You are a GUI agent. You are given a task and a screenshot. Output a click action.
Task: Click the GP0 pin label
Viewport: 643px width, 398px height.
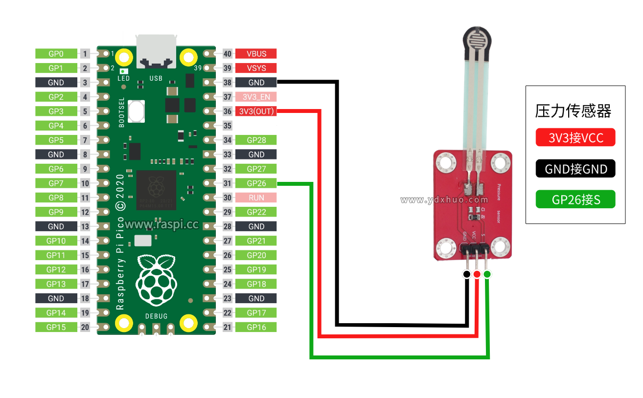tap(56, 54)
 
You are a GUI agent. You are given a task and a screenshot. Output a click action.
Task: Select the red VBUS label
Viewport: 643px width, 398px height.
tap(256, 54)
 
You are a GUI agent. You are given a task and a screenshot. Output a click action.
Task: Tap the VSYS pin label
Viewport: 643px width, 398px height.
tap(256, 68)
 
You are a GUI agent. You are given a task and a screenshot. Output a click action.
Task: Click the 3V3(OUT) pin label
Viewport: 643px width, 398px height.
tap(256, 111)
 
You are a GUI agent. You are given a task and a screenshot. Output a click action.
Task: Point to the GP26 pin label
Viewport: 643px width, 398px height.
tap(256, 183)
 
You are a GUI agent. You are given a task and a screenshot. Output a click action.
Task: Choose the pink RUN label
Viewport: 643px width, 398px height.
tap(256, 198)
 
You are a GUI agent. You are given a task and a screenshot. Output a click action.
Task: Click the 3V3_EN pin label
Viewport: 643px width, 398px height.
tap(256, 97)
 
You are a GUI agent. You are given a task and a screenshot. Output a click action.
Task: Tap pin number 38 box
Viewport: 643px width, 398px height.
tap(227, 83)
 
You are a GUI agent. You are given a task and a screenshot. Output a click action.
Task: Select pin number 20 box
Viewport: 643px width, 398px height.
tap(85, 327)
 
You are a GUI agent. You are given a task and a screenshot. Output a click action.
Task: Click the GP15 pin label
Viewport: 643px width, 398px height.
tap(56, 327)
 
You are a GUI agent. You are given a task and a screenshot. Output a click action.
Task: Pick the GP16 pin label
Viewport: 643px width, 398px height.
tap(256, 327)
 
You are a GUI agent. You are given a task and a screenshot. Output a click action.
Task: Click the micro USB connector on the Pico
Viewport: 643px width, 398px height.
tap(156, 50)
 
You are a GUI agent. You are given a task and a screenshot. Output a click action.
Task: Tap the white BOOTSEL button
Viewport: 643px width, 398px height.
tap(137, 111)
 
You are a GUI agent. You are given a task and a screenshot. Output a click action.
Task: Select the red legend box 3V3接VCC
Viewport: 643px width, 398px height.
tap(575, 138)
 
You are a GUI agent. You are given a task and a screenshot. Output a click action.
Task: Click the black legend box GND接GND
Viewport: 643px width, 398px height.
tap(575, 169)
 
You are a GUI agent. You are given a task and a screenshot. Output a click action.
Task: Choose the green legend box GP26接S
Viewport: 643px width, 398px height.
tap(575, 199)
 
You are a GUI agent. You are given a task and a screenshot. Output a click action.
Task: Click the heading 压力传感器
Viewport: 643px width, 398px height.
tap(573, 111)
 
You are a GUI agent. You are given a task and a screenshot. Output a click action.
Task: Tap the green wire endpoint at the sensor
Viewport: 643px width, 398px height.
tap(487, 274)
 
